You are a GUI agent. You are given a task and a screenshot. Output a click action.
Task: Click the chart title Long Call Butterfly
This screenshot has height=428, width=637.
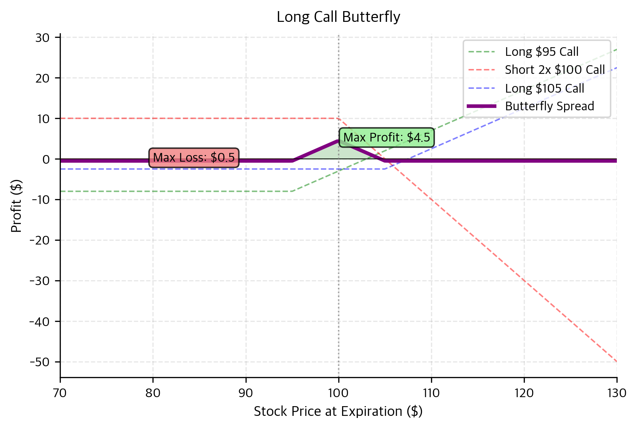(x=338, y=17)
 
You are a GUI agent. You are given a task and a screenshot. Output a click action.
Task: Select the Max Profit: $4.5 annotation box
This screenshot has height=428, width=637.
(x=386, y=138)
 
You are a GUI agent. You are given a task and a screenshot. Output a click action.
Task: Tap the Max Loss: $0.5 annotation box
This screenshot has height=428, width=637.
(x=194, y=158)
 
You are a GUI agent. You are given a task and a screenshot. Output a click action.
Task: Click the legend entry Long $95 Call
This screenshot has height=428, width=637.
(x=541, y=52)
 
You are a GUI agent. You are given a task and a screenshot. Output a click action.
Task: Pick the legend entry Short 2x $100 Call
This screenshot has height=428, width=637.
(x=554, y=70)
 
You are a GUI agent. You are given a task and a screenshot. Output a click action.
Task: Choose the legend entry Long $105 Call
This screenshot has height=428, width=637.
(x=544, y=88)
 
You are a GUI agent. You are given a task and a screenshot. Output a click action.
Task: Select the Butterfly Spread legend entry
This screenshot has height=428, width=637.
(x=549, y=106)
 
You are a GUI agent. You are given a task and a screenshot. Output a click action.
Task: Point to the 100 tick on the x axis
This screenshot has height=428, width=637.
(x=339, y=393)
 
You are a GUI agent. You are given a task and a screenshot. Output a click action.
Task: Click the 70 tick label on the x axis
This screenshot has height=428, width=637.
(x=60, y=393)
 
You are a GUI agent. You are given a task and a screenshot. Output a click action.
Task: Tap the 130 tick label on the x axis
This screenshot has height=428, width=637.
(x=617, y=393)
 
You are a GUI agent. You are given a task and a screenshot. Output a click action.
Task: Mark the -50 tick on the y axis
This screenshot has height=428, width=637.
(x=40, y=362)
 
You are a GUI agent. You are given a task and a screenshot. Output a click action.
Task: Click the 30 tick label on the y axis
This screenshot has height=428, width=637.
(x=43, y=37)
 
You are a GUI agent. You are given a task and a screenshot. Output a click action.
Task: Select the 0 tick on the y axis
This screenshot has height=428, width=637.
(x=47, y=159)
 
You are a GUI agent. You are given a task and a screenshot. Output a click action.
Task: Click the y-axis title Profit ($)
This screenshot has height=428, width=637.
(x=16, y=206)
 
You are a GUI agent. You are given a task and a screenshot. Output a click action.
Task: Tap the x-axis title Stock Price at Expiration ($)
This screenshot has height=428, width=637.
(x=338, y=411)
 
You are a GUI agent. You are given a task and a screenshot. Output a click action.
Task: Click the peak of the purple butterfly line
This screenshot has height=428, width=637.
(x=339, y=140)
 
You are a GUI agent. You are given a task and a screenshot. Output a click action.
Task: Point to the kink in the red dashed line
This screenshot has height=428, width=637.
(x=339, y=119)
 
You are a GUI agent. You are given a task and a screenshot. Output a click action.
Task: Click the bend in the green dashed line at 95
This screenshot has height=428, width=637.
(x=292, y=191)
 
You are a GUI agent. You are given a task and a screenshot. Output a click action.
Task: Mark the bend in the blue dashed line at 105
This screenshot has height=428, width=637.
(x=385, y=169)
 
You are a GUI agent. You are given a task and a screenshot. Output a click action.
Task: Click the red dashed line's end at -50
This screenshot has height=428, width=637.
(x=616, y=361)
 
